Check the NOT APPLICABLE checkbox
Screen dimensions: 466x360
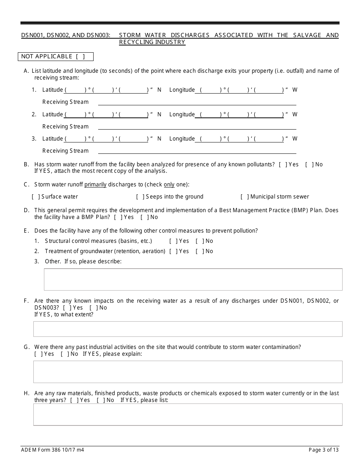pos(80,56)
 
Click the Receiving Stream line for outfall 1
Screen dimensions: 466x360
pos(197,102)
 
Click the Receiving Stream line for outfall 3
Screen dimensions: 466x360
pos(197,151)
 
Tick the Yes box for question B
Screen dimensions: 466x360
pos(283,164)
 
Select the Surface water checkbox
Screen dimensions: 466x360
pos(36,197)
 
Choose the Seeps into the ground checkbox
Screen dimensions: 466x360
pos(140,197)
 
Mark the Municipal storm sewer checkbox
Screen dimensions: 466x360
pos(244,197)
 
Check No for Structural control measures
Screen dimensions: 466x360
pos(199,241)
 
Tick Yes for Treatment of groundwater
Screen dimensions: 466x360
pos(173,251)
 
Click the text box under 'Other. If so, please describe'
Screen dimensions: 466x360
pos(193,280)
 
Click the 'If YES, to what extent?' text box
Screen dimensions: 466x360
pos(188,329)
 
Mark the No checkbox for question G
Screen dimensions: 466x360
pos(64,354)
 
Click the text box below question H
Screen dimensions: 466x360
pos(188,414)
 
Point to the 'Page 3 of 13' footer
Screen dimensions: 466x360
pos(324,450)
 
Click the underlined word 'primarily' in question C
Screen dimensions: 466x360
pos(95,185)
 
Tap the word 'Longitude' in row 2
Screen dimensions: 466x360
pos(182,114)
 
